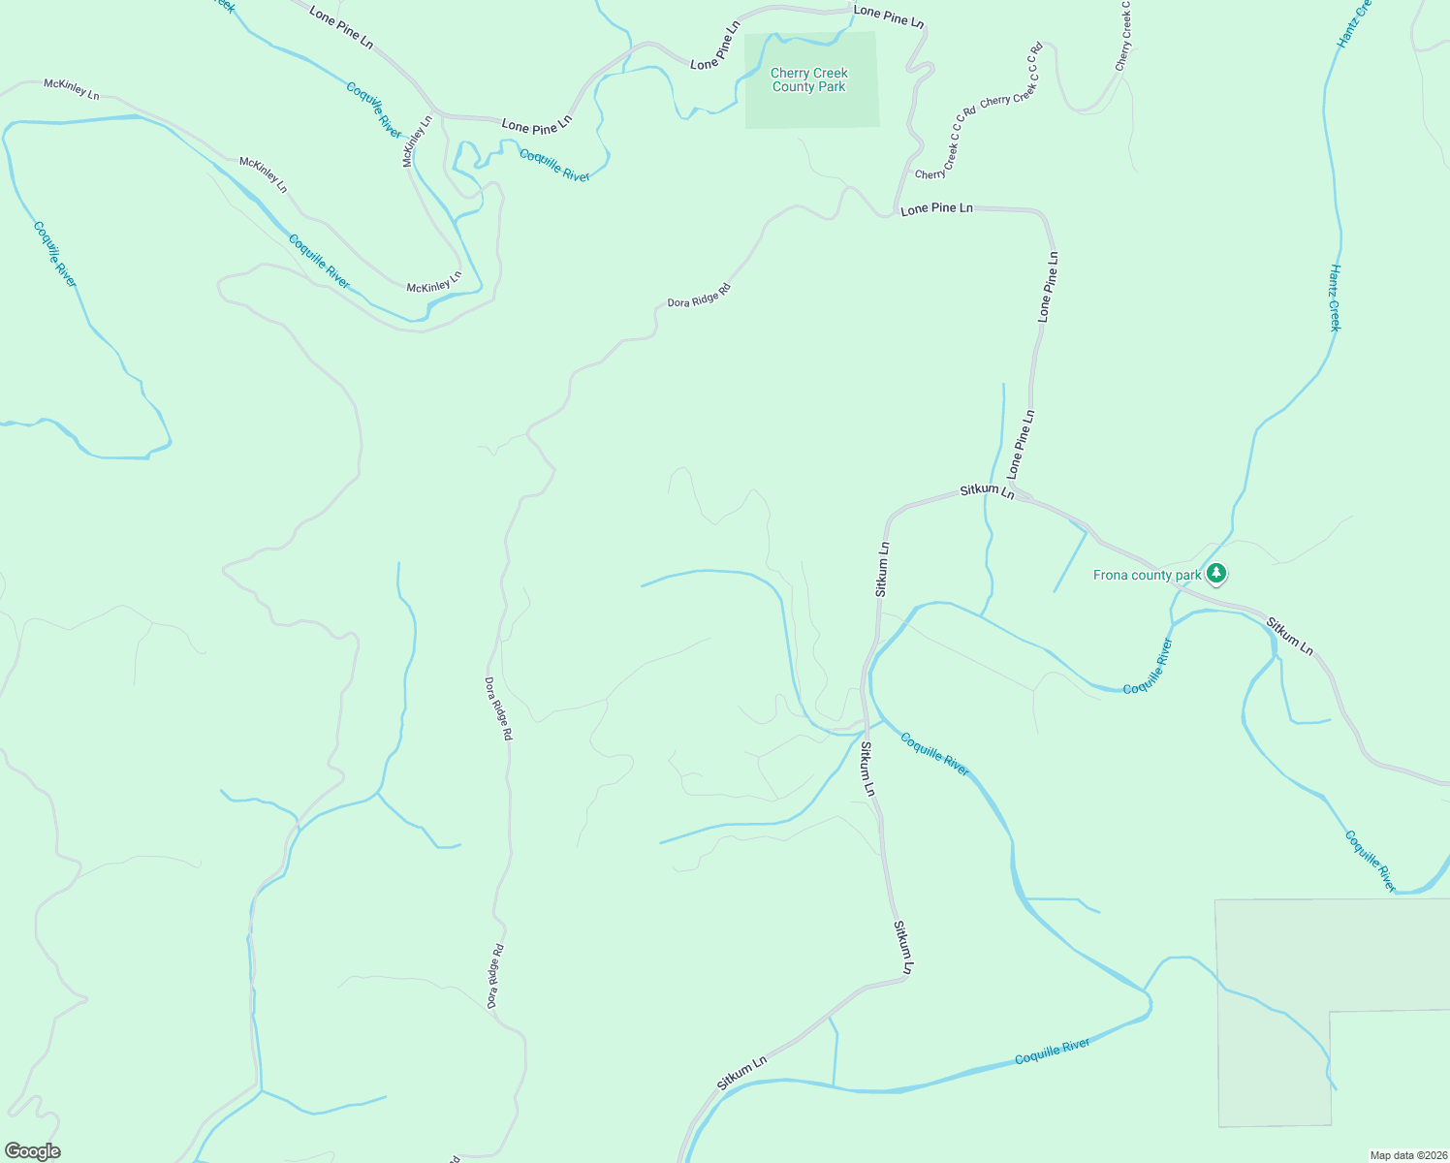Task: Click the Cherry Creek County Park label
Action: pyautogui.click(x=808, y=79)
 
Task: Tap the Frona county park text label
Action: pyautogui.click(x=1147, y=575)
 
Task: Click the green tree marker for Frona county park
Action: pyautogui.click(x=1216, y=574)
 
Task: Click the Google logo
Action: pyautogui.click(x=32, y=1151)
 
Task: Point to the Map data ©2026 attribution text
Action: pyautogui.click(x=1407, y=1155)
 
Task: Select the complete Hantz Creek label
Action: pyautogui.click(x=1335, y=298)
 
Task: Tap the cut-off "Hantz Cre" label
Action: pyautogui.click(x=1354, y=23)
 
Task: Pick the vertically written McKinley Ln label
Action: pyautogui.click(x=417, y=141)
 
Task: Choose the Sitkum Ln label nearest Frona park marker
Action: pyautogui.click(x=1289, y=636)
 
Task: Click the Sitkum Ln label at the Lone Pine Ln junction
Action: pyautogui.click(x=987, y=491)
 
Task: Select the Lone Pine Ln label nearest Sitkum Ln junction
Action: pyautogui.click(x=1021, y=444)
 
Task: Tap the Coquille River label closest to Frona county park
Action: pyautogui.click(x=1148, y=666)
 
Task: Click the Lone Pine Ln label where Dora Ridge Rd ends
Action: pyautogui.click(x=936, y=208)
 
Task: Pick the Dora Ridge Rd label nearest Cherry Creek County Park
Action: pyautogui.click(x=698, y=296)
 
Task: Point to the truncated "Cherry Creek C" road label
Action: pyautogui.click(x=1124, y=36)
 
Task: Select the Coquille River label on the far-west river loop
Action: pyautogui.click(x=54, y=254)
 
